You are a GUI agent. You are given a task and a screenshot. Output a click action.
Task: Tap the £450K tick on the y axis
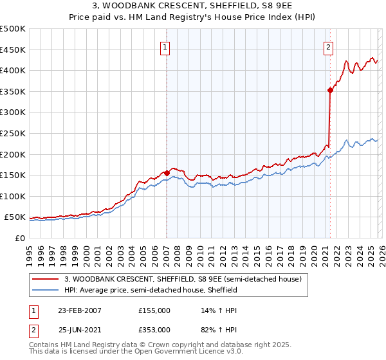(13, 50)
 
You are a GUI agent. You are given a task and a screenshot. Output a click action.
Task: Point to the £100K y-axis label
(13, 196)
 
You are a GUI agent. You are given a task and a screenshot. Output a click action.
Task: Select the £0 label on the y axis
(21, 238)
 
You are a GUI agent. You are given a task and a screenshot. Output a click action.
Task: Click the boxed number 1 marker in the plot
(166, 46)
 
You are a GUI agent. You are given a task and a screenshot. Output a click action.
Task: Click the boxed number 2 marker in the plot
(329, 46)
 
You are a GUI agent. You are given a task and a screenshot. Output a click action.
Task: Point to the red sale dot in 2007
(167, 173)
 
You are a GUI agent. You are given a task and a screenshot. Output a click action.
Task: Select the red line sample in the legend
(46, 279)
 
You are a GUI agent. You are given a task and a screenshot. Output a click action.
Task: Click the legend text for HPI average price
(151, 290)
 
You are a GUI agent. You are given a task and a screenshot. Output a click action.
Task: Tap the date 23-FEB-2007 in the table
(80, 310)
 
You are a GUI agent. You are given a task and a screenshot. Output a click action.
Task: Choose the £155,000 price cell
(154, 310)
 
